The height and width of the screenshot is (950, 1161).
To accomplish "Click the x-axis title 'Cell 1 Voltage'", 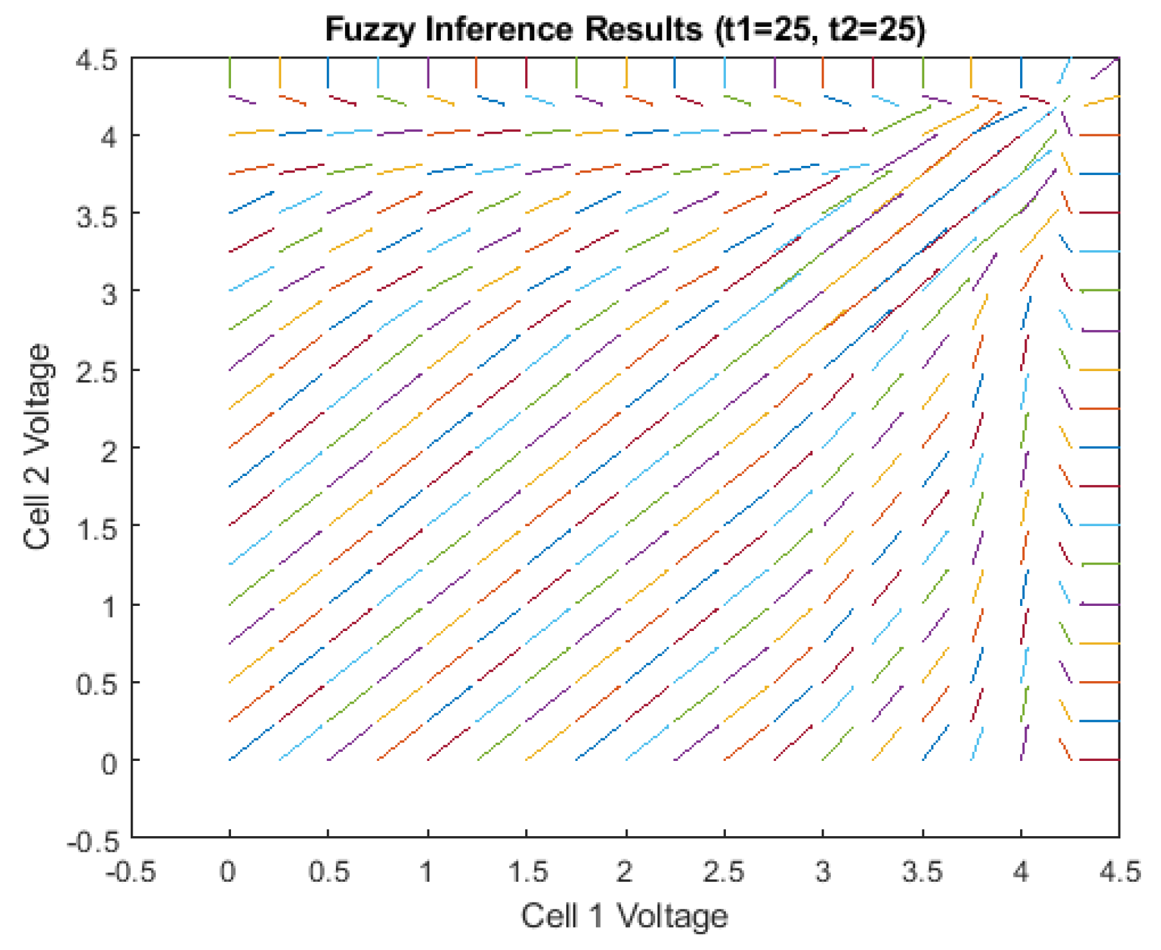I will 624,915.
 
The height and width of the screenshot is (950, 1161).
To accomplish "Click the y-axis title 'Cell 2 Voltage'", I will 37,446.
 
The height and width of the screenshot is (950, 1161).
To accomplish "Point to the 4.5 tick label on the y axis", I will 97,60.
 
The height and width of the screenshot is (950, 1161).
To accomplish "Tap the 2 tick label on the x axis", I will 625,872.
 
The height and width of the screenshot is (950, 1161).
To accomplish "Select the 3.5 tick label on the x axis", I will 922,872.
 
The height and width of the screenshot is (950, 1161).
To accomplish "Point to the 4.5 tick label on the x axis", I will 1120,872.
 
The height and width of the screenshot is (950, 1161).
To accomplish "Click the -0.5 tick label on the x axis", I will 131,872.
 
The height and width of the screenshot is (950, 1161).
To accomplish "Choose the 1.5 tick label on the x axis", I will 526,872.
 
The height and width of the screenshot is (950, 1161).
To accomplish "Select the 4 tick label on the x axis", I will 1021,872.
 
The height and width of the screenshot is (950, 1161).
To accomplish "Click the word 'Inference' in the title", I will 499,30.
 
